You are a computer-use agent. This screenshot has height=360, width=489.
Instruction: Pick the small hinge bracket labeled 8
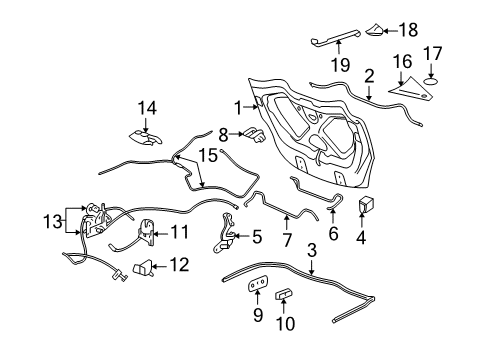(x=255, y=133)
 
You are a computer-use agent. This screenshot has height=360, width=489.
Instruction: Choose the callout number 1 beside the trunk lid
(x=238, y=105)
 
